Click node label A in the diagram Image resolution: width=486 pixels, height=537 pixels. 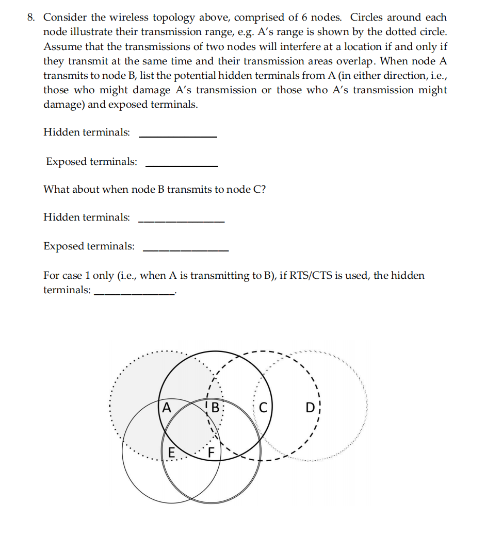[x=166, y=408]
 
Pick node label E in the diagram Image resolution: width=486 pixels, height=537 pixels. [x=171, y=453]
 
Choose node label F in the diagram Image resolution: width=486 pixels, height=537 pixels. [x=211, y=454]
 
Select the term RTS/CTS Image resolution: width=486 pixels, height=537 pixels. [x=310, y=275]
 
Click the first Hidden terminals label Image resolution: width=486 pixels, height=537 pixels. [x=87, y=132]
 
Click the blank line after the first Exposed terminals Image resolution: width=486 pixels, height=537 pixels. [x=182, y=166]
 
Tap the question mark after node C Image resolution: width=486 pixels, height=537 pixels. [x=264, y=189]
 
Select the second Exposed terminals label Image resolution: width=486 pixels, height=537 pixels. [x=89, y=246]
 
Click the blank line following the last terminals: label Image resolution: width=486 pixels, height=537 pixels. [x=134, y=294]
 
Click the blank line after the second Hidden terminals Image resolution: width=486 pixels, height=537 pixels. [x=181, y=222]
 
